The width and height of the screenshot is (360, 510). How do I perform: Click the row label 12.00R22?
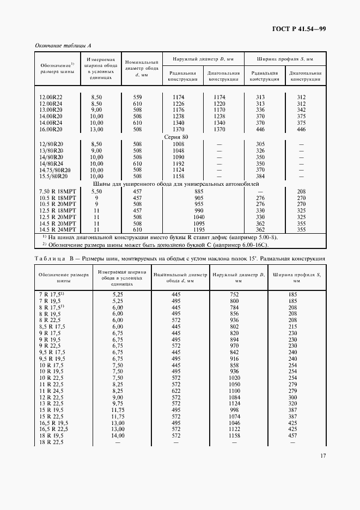pos(51,97)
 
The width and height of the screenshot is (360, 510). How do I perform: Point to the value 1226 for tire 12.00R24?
pos(179,104)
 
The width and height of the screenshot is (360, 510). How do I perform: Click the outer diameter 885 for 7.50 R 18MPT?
pos(199,192)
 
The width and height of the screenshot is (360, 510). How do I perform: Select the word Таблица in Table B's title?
pos(51,258)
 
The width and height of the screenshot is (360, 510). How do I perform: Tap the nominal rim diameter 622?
pos(175,391)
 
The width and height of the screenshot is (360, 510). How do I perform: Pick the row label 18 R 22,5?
pos(51,442)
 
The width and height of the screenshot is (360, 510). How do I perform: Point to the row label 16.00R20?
pos(51,130)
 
